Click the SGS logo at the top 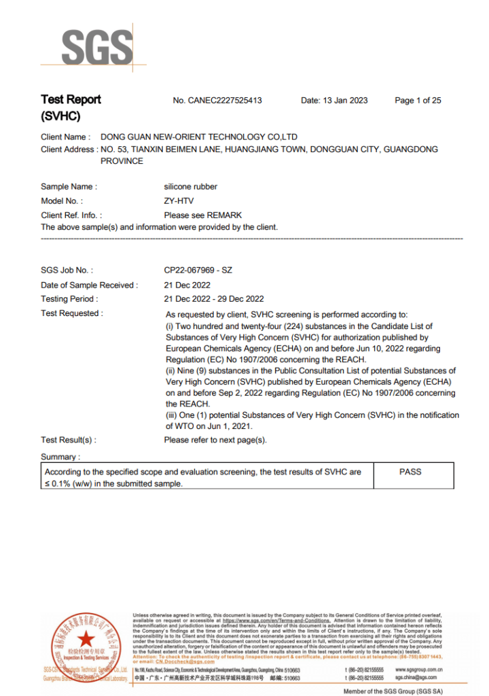click(x=97, y=47)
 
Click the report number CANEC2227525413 click(x=217, y=101)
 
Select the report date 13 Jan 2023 click(x=334, y=101)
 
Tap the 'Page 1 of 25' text click(x=418, y=101)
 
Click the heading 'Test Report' click(x=71, y=100)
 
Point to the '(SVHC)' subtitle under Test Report click(x=60, y=116)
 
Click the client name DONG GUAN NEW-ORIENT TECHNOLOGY click(x=198, y=137)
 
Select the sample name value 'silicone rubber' click(x=191, y=186)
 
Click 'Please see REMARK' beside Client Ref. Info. click(x=202, y=215)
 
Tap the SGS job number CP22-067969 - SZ click(x=198, y=271)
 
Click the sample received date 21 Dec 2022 click(x=187, y=285)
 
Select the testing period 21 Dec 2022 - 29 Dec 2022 click(x=214, y=299)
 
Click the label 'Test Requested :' click(x=72, y=313)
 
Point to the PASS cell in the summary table click(x=410, y=472)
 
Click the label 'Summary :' click(x=60, y=457)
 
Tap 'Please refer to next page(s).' click(x=215, y=440)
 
